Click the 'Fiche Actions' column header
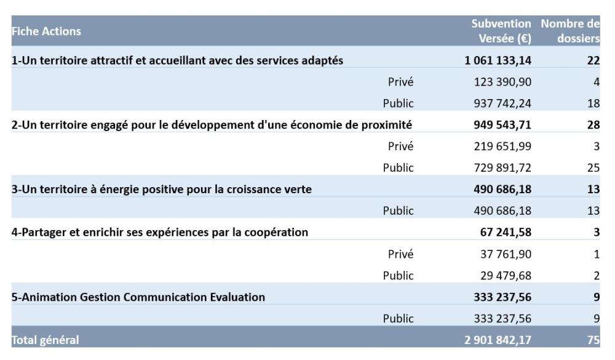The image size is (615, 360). (x=46, y=31)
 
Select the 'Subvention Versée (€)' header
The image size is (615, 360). (x=501, y=31)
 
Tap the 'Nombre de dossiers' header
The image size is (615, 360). (x=570, y=31)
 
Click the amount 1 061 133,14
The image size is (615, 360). (x=498, y=60)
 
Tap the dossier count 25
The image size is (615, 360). (x=593, y=168)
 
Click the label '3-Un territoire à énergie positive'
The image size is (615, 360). (x=161, y=190)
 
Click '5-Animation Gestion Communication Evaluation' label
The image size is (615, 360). (x=138, y=297)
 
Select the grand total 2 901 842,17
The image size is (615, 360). (x=498, y=339)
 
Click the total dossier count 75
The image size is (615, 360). (x=593, y=339)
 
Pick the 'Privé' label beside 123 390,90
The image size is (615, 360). (x=400, y=82)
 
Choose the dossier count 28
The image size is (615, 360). (x=593, y=125)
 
